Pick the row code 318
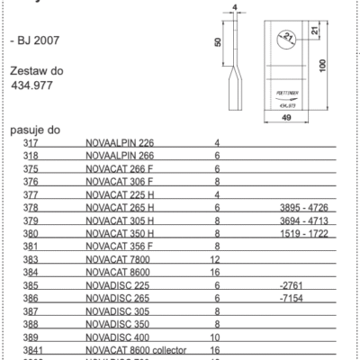tap(31, 156)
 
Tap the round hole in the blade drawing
tap(285, 39)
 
